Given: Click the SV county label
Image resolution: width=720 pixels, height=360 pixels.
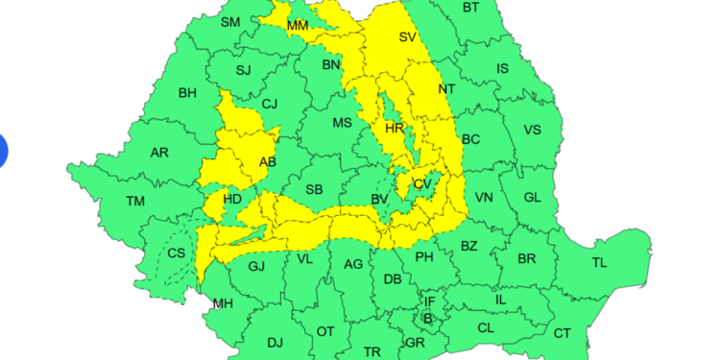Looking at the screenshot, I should point(408,37).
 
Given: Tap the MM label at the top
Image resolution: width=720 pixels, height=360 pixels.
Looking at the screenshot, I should point(298,24).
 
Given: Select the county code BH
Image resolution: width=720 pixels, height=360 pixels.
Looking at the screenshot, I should point(187,93).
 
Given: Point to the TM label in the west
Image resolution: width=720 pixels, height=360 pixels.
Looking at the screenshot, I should point(135,201).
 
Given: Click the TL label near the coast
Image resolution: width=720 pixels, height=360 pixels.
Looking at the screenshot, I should point(599,262).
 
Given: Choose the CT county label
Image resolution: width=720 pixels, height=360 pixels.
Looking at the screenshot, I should point(562,333).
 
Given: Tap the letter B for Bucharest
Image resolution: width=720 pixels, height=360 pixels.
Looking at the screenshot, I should point(428,318).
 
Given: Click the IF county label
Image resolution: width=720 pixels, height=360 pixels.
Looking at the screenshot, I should point(430,301).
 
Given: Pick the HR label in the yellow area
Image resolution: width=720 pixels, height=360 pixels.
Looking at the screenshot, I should point(394,128).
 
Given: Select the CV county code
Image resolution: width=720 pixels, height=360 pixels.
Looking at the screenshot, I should point(422,183).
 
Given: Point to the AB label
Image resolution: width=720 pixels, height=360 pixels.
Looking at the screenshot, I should point(268,162).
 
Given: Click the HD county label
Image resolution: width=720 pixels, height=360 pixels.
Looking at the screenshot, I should point(232,200).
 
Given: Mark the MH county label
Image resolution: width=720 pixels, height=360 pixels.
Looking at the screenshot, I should point(223,304).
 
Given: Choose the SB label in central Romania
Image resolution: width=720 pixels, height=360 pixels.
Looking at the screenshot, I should point(314,189).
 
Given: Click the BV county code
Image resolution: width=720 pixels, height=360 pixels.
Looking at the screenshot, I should point(379,199).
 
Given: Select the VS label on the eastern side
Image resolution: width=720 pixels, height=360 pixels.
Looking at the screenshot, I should point(532,131).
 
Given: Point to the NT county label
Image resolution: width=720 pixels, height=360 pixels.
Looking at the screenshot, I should point(446,88).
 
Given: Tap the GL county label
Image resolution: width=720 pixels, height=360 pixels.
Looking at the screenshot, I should point(533,197).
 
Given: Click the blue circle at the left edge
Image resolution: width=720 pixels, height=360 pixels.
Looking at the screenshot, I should point(2,152).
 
